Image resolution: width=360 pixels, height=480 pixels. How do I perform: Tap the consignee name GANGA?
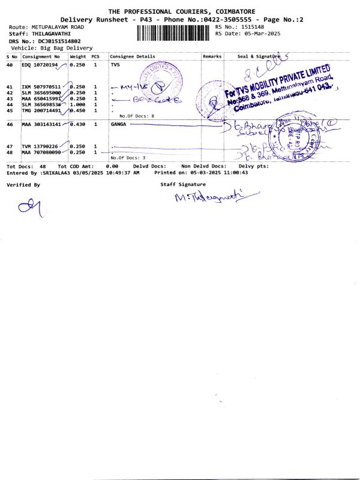[x=118, y=124]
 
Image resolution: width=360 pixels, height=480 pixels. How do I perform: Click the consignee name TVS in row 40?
[x=115, y=64]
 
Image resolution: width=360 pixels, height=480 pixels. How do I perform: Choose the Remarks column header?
[x=212, y=56]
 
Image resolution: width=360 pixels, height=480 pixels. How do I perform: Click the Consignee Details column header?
[x=133, y=56]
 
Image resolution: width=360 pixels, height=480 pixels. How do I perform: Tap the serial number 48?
[x=10, y=152]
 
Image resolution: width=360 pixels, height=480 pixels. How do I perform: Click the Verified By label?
[x=23, y=185]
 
